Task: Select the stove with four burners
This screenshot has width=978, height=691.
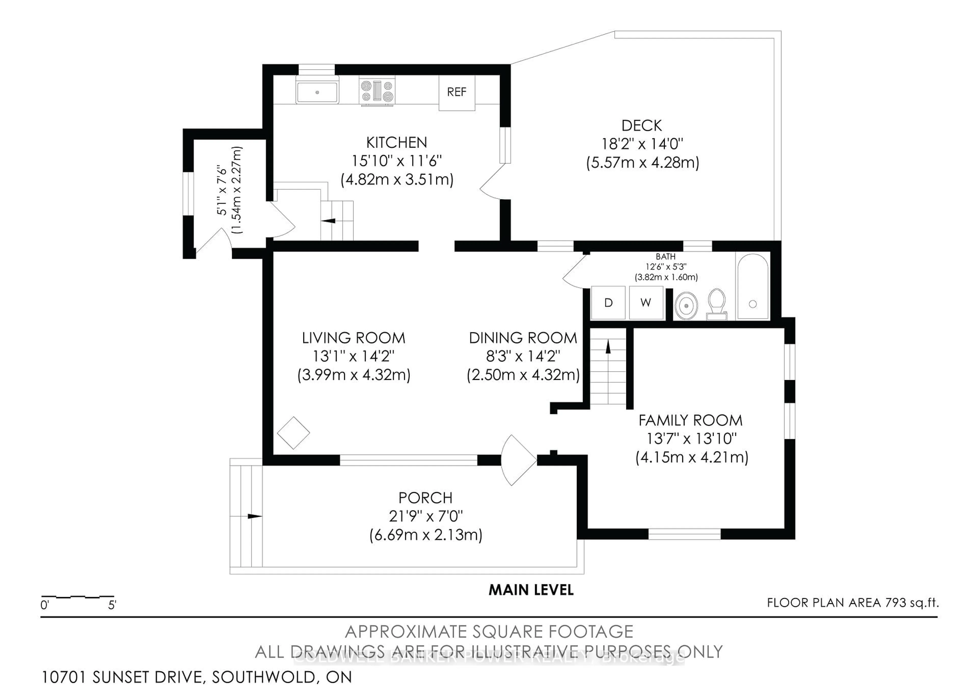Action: coord(376,91)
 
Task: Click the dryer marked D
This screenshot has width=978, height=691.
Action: coord(608,303)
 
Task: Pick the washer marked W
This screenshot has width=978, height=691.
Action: coord(646,303)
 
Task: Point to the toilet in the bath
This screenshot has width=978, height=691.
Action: coord(716,303)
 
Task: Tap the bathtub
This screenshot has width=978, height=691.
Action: coord(753,286)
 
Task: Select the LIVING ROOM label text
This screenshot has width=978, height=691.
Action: coord(354,338)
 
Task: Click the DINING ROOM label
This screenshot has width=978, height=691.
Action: coord(523,338)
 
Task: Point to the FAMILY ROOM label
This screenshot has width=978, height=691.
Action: coord(690,421)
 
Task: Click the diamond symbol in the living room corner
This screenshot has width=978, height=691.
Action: coord(293,433)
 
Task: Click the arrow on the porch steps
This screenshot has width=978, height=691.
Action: coord(254,516)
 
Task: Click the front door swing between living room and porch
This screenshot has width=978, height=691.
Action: coord(518,460)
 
